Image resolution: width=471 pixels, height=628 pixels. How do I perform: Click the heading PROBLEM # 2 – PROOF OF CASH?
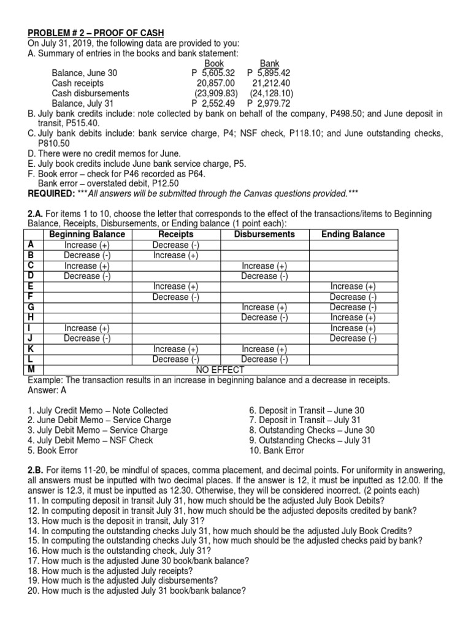pos(95,32)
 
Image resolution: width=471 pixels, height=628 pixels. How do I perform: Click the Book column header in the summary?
pos(213,63)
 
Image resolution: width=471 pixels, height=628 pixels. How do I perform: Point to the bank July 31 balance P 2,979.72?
pos(270,104)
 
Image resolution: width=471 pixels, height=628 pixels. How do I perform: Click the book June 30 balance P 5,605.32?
pos(213,73)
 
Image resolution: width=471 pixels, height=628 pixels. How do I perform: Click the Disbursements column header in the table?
pos(264,234)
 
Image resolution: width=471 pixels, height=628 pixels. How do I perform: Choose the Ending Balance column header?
pos(353,234)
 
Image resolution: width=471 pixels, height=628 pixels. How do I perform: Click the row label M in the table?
pos(32,370)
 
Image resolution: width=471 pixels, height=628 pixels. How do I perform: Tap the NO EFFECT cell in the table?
pos(220,370)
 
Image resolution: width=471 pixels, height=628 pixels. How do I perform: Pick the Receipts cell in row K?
pos(175,348)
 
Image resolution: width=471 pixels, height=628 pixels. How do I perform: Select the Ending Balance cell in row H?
pos(353,317)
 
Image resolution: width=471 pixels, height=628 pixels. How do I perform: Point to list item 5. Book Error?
pos(53,451)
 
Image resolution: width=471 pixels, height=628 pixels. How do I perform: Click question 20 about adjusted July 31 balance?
pos(137,591)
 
